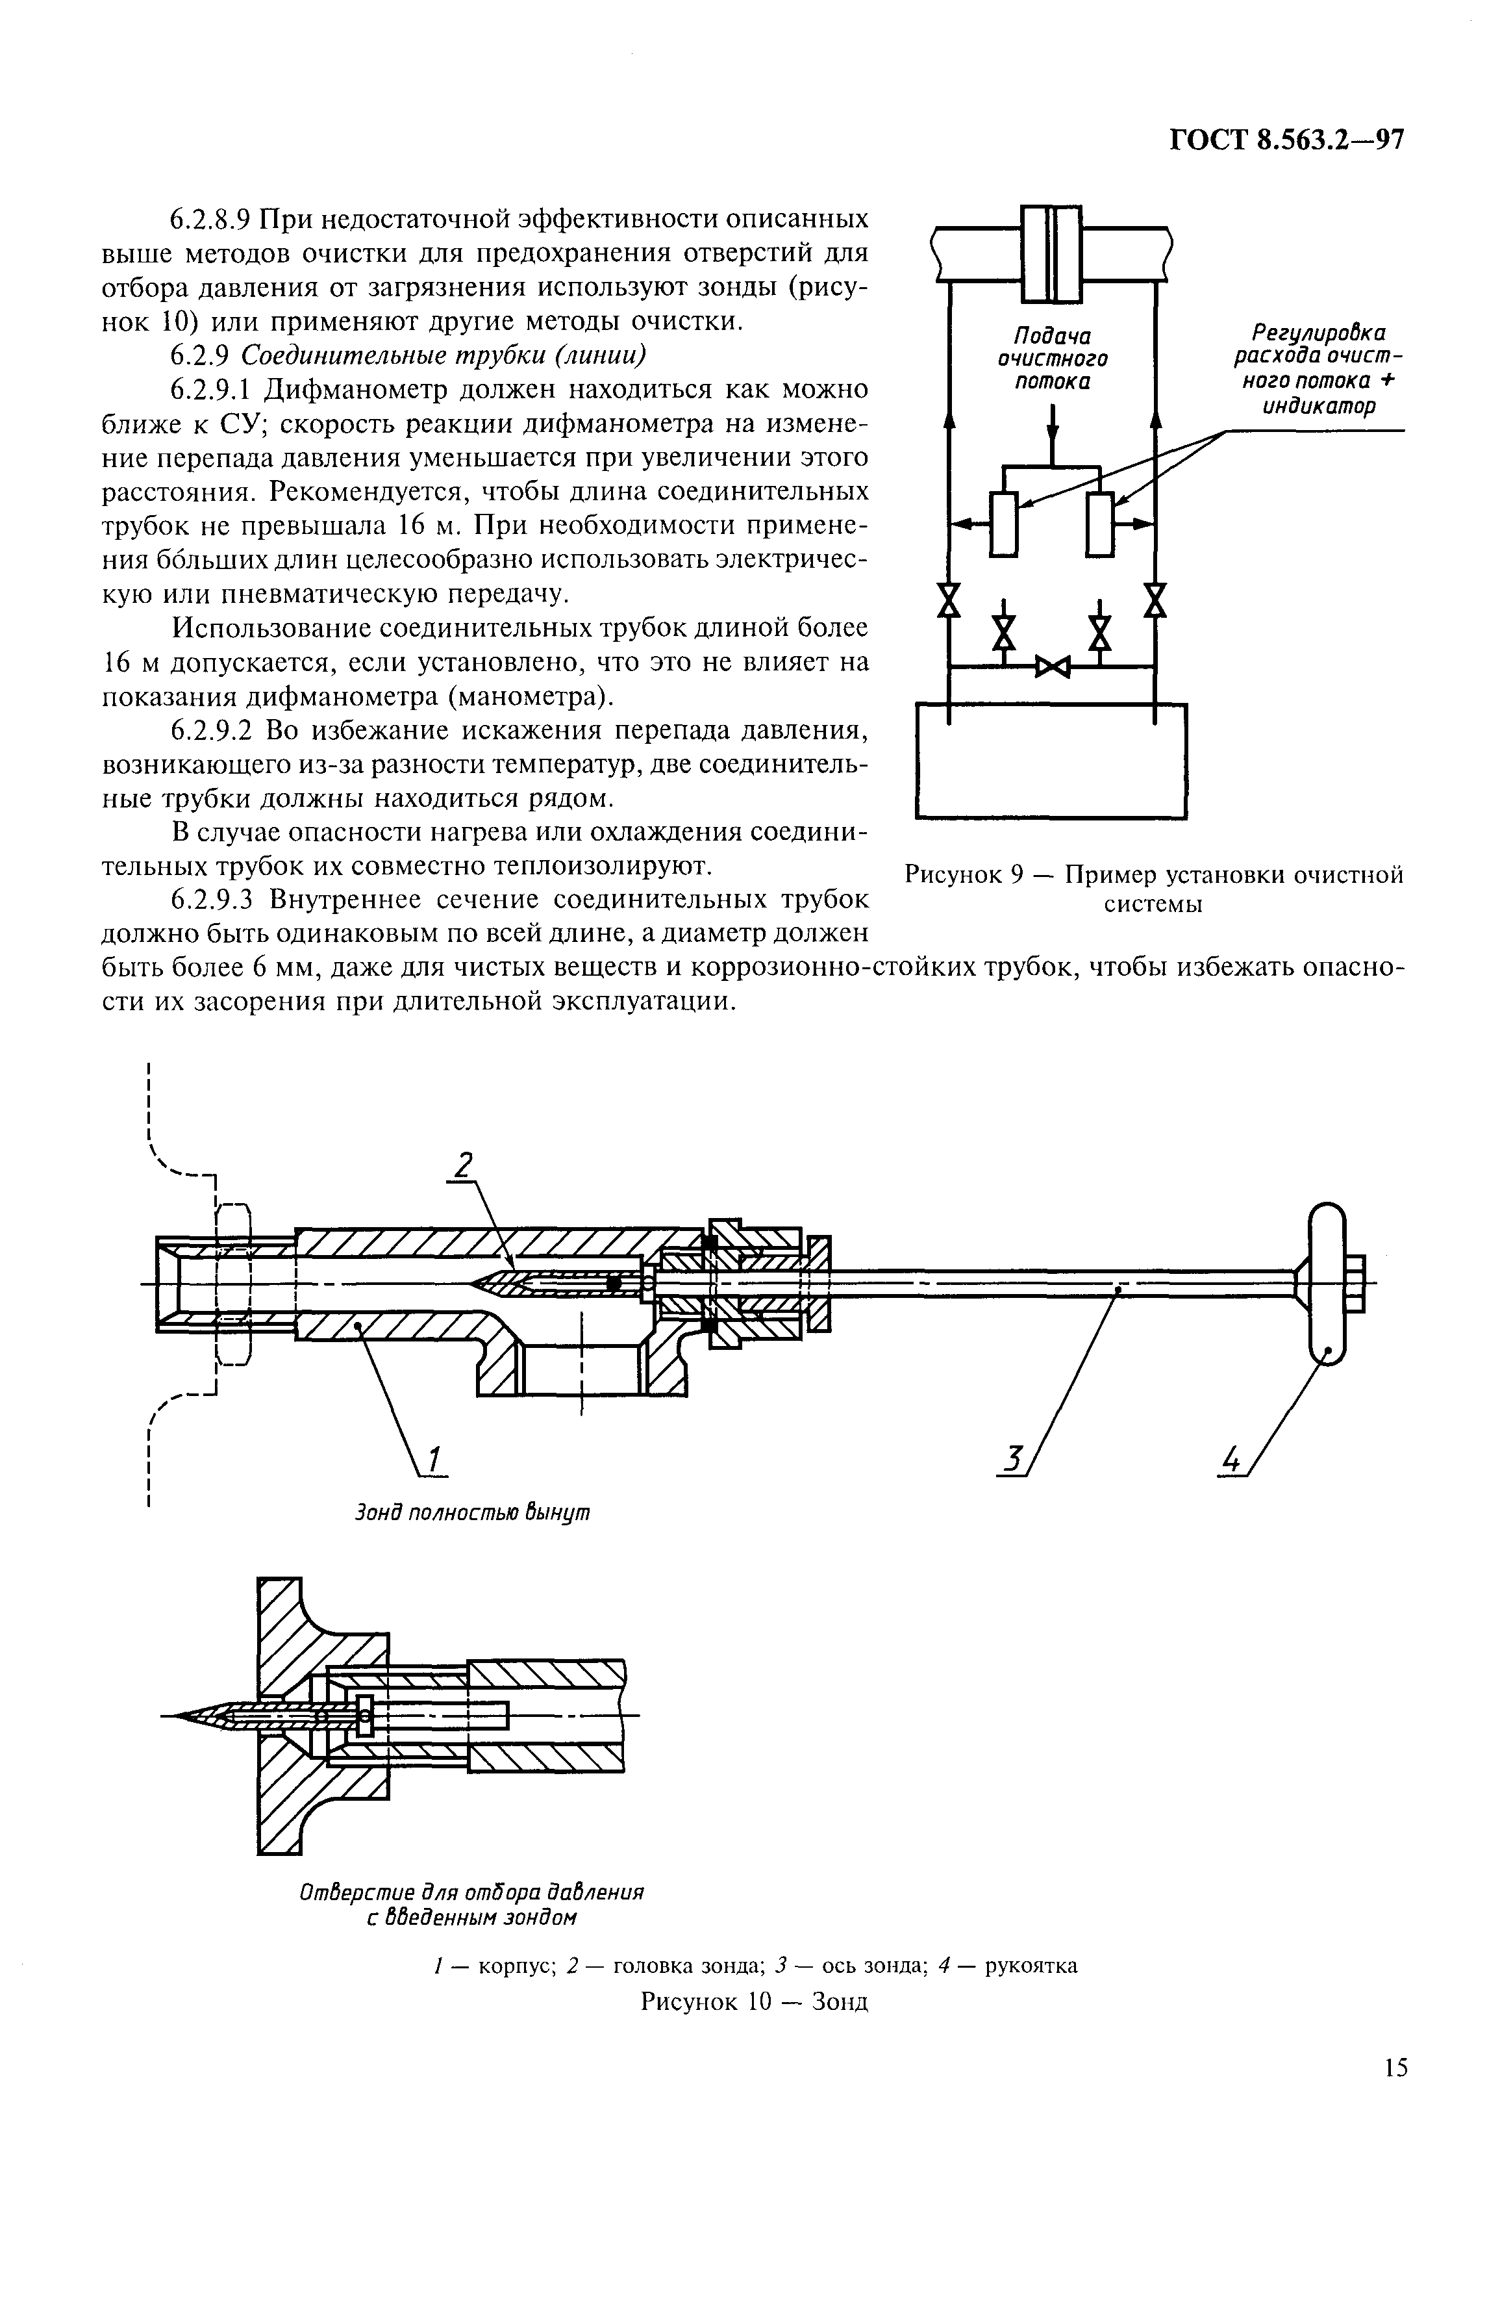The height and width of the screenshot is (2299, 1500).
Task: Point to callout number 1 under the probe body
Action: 434,1460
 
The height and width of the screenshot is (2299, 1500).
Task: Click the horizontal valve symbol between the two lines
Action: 1052,667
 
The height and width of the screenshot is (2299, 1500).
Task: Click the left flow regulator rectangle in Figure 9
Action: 1003,524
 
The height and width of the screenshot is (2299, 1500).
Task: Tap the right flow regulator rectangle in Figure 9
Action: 1099,524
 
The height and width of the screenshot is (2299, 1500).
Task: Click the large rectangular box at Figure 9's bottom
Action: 1051,761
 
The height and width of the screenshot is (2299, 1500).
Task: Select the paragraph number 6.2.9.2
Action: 212,730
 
